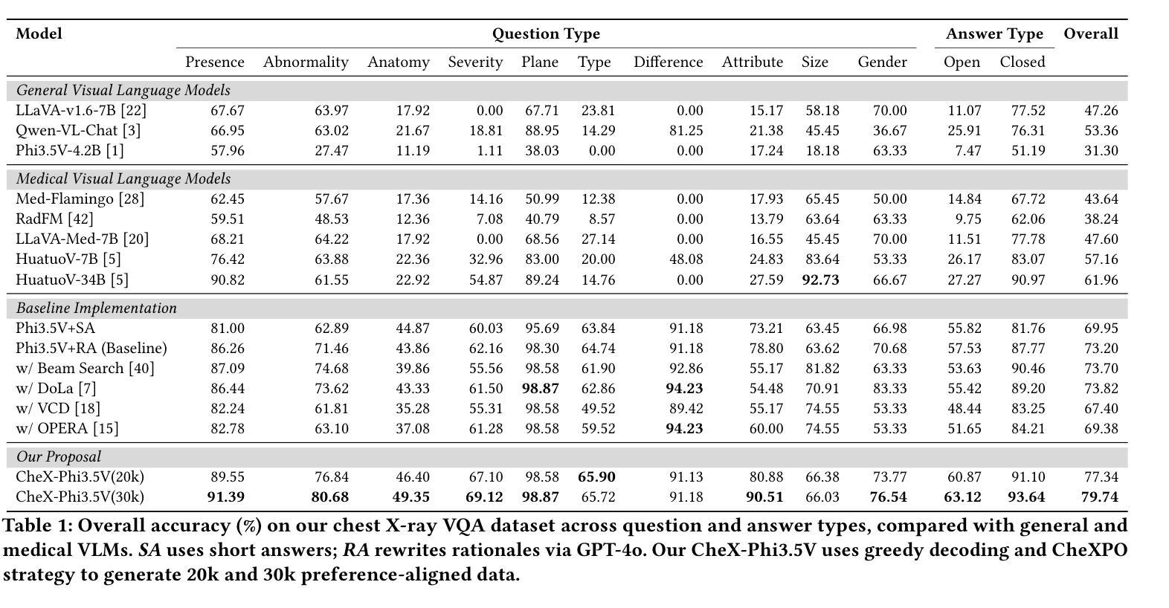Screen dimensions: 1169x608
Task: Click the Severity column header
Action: click(x=475, y=62)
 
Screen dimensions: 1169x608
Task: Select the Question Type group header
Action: click(x=546, y=34)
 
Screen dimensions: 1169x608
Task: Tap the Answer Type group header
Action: click(x=994, y=34)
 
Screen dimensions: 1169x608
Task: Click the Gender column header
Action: click(x=882, y=62)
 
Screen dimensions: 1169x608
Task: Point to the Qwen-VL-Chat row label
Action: click(x=78, y=130)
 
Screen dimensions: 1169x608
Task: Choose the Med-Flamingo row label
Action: click(x=80, y=198)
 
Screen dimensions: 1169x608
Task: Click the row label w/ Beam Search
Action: click(x=85, y=368)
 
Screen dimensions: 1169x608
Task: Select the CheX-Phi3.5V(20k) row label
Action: click(x=80, y=476)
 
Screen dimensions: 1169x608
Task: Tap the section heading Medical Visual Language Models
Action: click(x=123, y=179)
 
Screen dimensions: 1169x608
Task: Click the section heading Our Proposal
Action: click(x=59, y=457)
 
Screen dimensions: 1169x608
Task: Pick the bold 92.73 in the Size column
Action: click(x=820, y=280)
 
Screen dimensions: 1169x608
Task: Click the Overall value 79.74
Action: click(x=1100, y=497)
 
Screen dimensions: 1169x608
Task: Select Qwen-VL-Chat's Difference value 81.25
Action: click(x=686, y=130)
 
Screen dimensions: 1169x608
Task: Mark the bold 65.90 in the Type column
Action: click(x=596, y=476)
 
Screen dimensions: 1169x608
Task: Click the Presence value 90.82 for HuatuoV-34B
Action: click(x=228, y=280)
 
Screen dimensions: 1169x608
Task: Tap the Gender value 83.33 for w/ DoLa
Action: click(x=890, y=389)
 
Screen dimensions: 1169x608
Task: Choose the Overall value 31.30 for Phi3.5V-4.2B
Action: click(x=1101, y=151)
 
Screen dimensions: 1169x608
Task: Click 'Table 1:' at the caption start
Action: click(x=38, y=525)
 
